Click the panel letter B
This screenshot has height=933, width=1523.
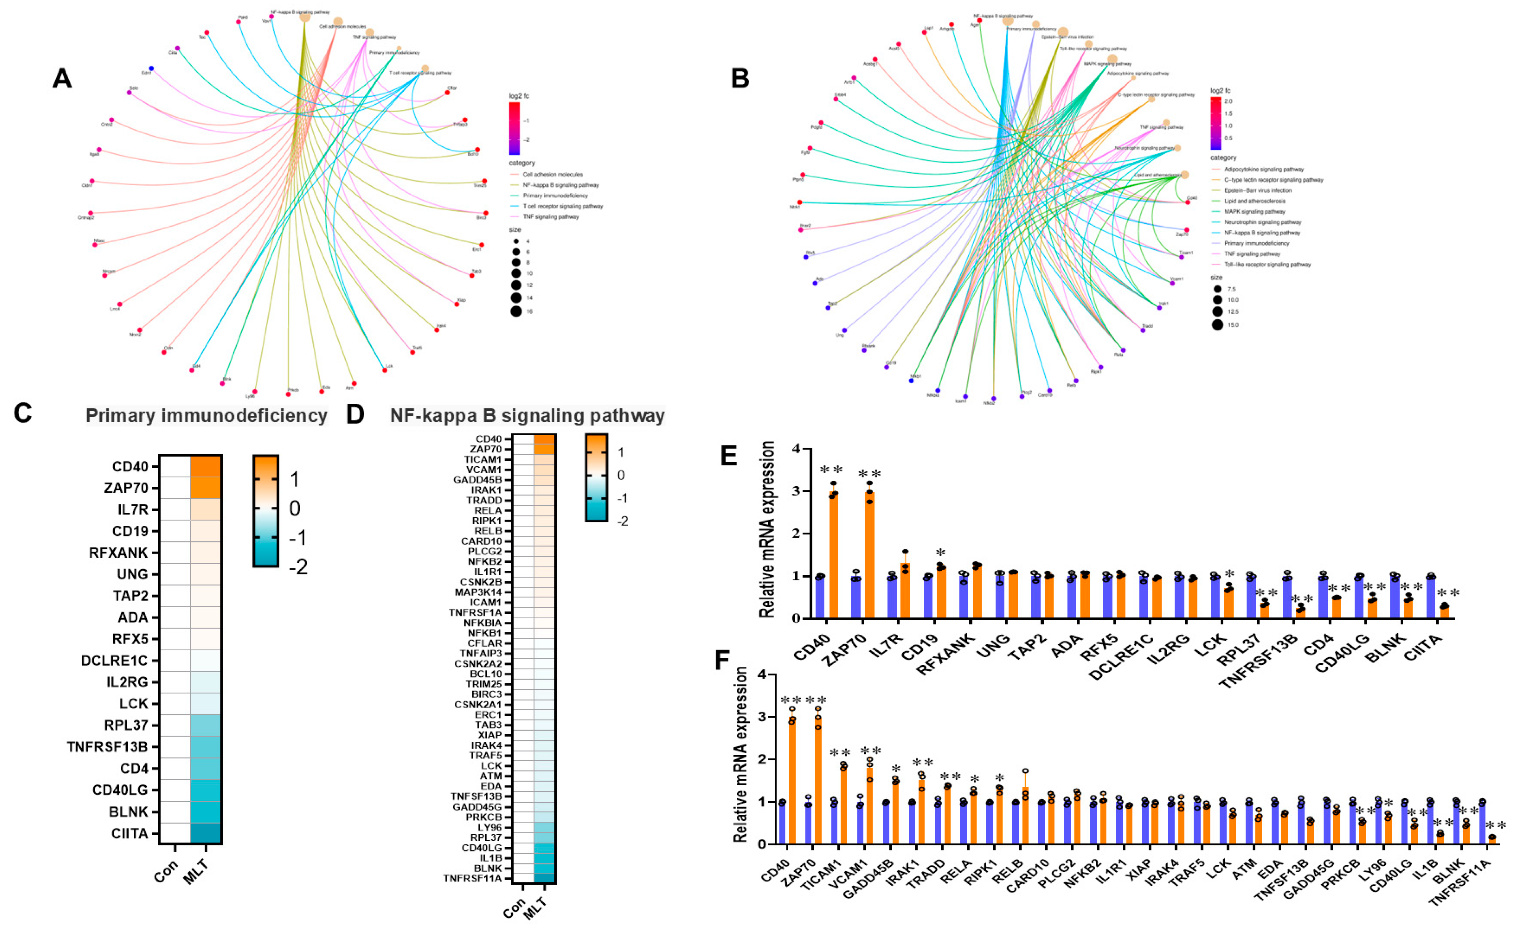point(740,78)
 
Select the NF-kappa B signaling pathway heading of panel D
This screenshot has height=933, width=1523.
point(527,415)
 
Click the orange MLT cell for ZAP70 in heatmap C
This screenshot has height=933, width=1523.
point(205,488)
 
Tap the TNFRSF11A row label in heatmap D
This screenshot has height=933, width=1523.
point(472,878)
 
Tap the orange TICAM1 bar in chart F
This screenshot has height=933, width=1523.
point(844,805)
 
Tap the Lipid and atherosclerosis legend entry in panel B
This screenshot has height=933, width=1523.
point(1254,201)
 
